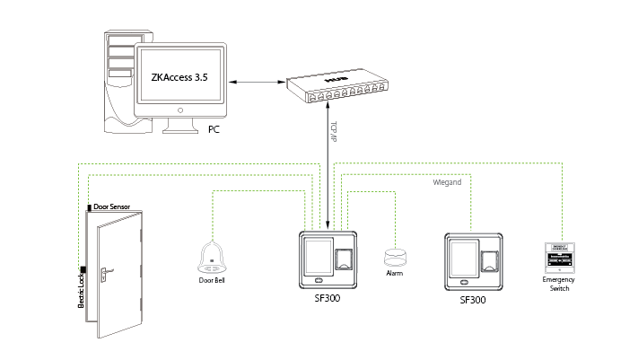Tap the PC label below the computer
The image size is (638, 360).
coord(214,130)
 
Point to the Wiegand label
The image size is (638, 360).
coord(447,182)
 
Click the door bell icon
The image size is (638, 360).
coord(211,258)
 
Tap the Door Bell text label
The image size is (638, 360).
coord(212,280)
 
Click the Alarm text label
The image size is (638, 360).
coord(394,272)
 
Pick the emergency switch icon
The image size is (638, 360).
coord(559,258)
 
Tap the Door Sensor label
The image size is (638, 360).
coord(112,207)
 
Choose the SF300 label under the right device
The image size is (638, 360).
coord(472,301)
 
